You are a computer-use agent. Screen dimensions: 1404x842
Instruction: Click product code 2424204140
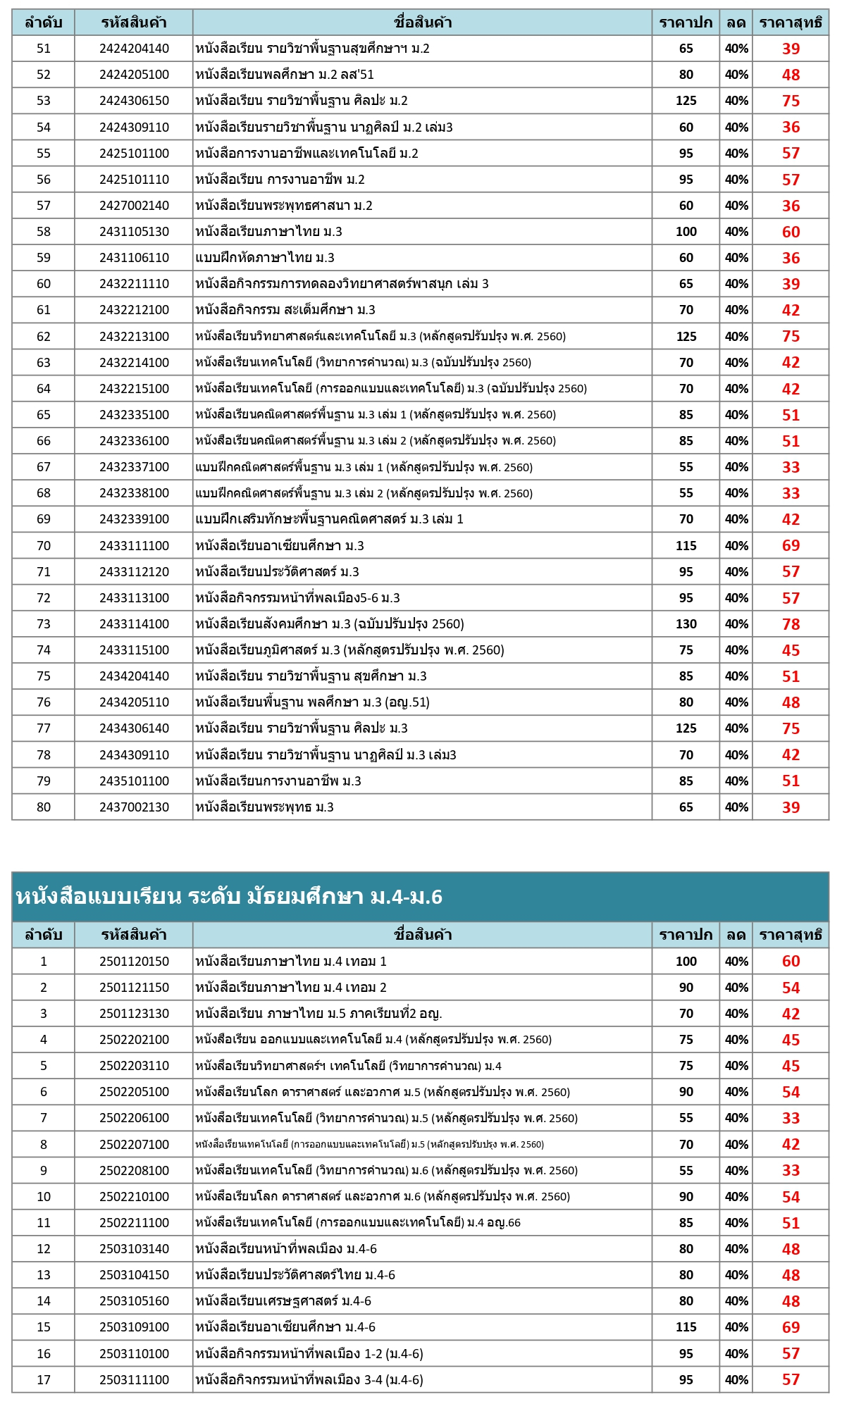click(x=134, y=49)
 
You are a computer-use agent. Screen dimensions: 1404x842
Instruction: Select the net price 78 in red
click(x=791, y=624)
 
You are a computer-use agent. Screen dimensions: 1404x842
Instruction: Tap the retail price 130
click(x=686, y=624)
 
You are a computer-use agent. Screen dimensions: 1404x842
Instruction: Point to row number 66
click(x=44, y=441)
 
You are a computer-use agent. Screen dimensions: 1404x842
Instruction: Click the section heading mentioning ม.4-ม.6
click(x=229, y=896)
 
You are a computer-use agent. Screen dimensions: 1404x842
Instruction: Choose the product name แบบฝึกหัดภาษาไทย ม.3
click(x=265, y=258)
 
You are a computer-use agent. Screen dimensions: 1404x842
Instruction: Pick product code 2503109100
click(x=134, y=1327)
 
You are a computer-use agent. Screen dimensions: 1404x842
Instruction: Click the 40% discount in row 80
click(x=736, y=807)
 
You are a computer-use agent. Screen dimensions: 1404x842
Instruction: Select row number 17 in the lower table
click(x=44, y=1379)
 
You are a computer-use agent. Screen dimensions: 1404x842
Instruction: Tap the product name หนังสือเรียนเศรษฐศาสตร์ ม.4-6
click(x=283, y=1301)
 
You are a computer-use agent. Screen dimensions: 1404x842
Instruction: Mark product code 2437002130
click(x=134, y=807)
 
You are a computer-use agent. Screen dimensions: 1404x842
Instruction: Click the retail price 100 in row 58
click(x=686, y=232)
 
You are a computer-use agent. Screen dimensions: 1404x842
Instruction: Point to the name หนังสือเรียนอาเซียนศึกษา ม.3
click(x=280, y=546)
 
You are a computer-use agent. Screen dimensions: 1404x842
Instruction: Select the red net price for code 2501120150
click(x=791, y=962)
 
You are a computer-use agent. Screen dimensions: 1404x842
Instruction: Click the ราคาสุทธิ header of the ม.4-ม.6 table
click(x=791, y=935)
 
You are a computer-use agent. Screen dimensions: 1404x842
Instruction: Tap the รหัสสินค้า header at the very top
click(x=134, y=23)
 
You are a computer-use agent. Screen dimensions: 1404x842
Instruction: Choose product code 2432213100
click(x=134, y=337)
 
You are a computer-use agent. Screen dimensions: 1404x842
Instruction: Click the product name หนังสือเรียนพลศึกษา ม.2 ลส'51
click(x=285, y=75)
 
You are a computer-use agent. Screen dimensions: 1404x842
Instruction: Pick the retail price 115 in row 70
click(x=686, y=546)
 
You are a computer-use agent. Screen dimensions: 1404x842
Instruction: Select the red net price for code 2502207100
click(x=791, y=1145)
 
